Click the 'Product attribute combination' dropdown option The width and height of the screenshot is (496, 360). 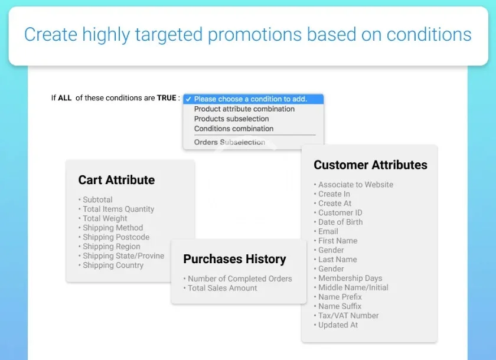pyautogui.click(x=244, y=109)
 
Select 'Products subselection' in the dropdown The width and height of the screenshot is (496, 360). pyautogui.click(x=231, y=119)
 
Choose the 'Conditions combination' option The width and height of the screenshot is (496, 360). pyautogui.click(x=234, y=129)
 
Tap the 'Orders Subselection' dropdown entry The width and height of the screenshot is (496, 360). pyautogui.click(x=230, y=142)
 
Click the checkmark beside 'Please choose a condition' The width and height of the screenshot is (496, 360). pyautogui.click(x=188, y=99)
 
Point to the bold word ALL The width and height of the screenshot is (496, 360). pyautogui.click(x=65, y=98)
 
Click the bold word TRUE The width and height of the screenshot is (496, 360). pyautogui.click(x=167, y=98)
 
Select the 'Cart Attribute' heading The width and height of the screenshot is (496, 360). pyautogui.click(x=116, y=180)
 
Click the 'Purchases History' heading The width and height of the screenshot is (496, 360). pyautogui.click(x=235, y=259)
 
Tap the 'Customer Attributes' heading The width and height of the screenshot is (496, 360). pyautogui.click(x=370, y=165)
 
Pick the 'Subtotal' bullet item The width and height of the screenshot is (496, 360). pyautogui.click(x=97, y=199)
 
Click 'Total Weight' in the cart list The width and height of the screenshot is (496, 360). pyautogui.click(x=105, y=218)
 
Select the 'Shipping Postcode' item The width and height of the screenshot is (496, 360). pyautogui.click(x=116, y=237)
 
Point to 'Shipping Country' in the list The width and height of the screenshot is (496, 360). pyautogui.click(x=113, y=265)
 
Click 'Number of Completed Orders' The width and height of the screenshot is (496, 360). pyautogui.click(x=240, y=279)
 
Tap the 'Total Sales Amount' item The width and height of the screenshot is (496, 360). pyautogui.click(x=223, y=288)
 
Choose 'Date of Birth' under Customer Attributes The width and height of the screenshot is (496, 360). pyautogui.click(x=340, y=222)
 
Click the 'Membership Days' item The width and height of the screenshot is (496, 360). pyautogui.click(x=350, y=278)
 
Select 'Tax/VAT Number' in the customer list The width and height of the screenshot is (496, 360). pyautogui.click(x=348, y=315)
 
